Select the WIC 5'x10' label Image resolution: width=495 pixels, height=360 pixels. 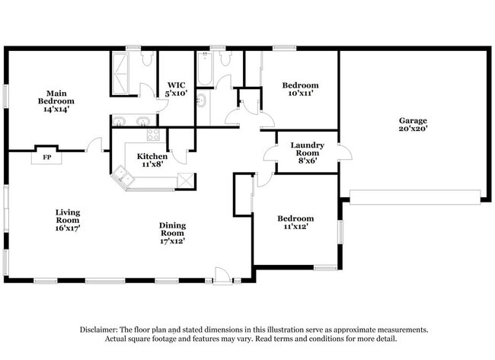(x=177, y=89)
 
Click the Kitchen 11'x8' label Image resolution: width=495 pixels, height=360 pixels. (x=152, y=160)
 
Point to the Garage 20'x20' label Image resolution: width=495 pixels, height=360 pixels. (x=413, y=124)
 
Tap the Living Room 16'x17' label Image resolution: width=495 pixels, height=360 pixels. (x=67, y=220)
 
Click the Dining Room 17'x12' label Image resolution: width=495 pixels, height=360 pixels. (x=172, y=233)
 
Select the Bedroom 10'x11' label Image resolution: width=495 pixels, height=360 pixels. (x=300, y=89)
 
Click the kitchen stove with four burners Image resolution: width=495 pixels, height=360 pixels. (x=153, y=136)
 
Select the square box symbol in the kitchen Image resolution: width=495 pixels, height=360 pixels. (x=186, y=180)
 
